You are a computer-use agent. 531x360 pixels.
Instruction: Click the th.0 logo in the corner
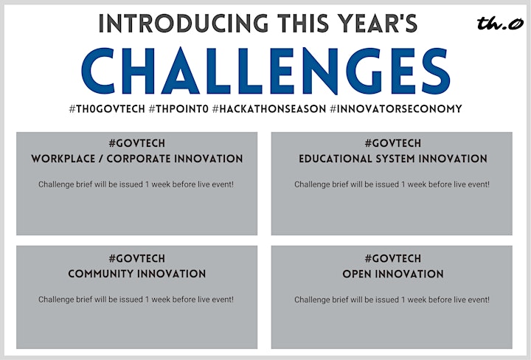[x=500, y=24]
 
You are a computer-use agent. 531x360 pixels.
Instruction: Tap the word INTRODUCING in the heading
[x=183, y=24]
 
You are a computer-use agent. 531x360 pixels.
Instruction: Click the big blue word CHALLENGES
[x=265, y=71]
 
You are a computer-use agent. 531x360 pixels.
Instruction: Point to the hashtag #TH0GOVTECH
[x=107, y=108]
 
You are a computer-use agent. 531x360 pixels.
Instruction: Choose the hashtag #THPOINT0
[x=178, y=108]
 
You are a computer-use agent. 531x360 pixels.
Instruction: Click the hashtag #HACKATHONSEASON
[x=269, y=108]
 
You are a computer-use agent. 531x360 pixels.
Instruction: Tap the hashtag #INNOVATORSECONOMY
[x=396, y=108]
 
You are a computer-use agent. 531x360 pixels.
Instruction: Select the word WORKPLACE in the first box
[x=63, y=159]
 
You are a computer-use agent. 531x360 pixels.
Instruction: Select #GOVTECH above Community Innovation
[x=137, y=258]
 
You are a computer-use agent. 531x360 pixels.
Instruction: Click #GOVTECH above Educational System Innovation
[x=393, y=143]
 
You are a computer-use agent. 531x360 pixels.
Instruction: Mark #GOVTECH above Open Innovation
[x=393, y=258]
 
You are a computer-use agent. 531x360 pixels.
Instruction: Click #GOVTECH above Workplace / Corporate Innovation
[x=137, y=143]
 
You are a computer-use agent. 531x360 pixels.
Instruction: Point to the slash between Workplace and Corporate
[x=101, y=159]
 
